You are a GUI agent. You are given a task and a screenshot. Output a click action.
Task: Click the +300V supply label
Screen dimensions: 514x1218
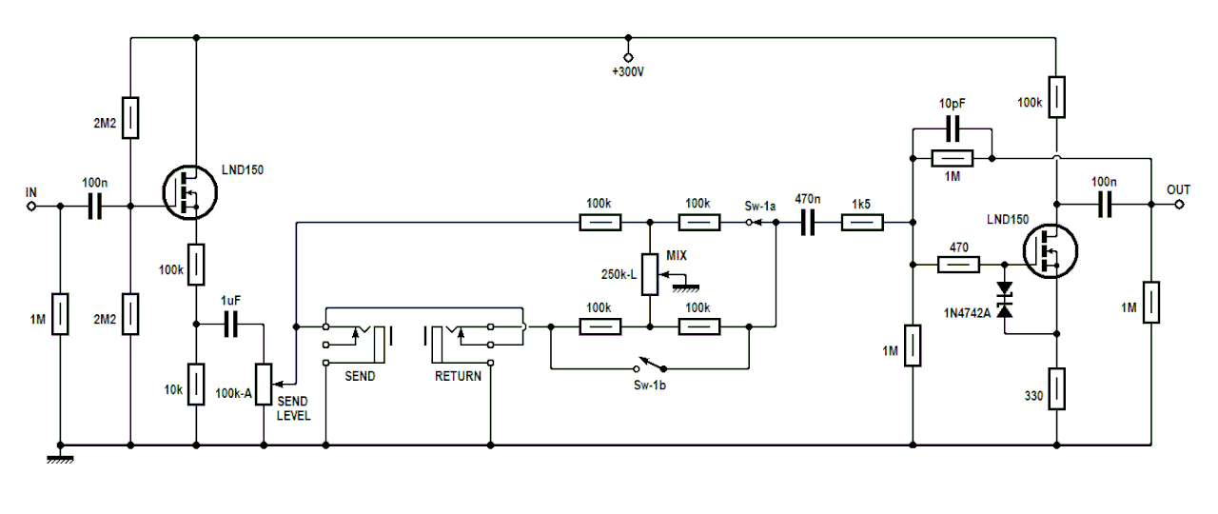coord(628,72)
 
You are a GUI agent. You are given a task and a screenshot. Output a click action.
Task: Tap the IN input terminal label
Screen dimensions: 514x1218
coord(30,192)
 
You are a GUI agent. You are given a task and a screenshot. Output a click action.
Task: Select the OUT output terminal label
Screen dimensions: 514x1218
coord(1178,190)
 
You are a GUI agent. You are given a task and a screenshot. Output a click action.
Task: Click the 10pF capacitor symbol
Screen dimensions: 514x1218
coord(952,128)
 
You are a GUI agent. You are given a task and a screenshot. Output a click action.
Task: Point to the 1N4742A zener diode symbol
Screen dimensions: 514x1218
coord(1004,299)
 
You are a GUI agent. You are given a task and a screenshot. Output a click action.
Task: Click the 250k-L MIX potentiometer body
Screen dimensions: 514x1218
coord(650,275)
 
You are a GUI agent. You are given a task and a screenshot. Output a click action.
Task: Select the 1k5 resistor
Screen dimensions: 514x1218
coord(862,224)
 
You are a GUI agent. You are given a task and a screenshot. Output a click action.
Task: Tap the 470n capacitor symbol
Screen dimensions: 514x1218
coord(807,224)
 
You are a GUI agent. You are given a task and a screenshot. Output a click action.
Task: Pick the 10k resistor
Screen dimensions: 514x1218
coord(195,384)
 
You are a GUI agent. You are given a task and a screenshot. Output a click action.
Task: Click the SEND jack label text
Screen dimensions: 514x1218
coord(359,376)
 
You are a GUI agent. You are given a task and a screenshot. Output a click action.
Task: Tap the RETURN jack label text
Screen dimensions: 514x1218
coord(458,376)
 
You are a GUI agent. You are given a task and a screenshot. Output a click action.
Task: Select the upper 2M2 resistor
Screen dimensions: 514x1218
coord(130,116)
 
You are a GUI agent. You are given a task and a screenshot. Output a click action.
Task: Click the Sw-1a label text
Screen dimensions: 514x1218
coord(759,205)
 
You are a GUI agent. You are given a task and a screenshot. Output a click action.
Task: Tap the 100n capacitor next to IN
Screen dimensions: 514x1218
coord(94,206)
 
